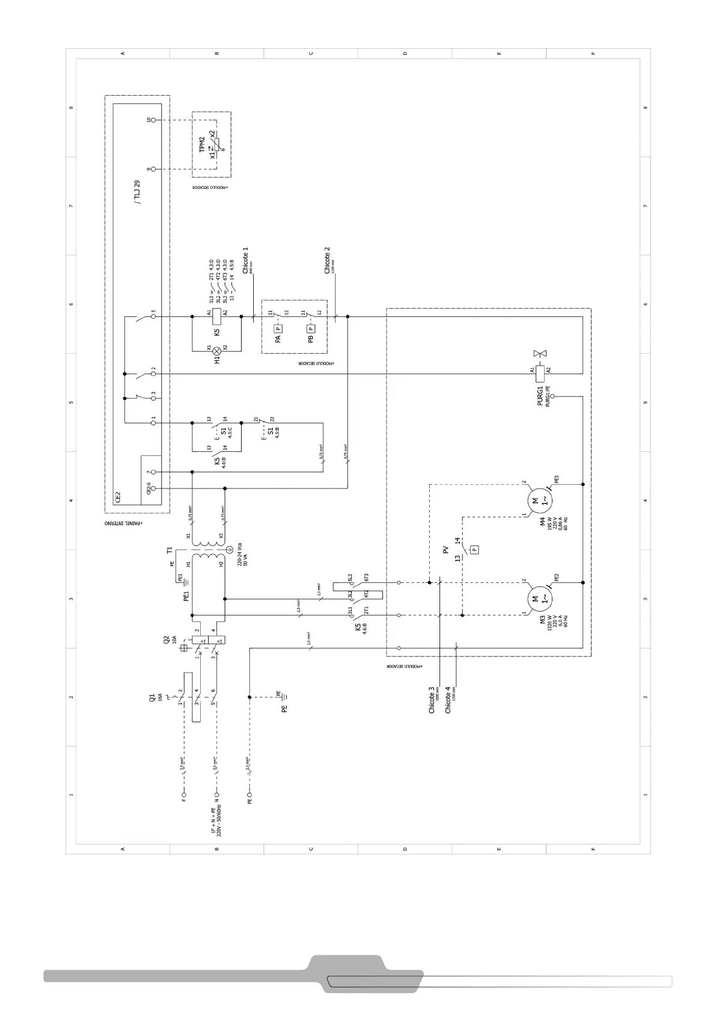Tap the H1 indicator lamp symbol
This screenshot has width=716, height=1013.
tap(217, 350)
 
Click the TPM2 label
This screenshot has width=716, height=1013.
tap(203, 144)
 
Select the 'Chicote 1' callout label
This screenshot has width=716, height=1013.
tap(245, 260)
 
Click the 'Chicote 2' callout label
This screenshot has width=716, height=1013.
tap(328, 260)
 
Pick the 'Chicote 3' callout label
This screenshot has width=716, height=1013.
tap(432, 700)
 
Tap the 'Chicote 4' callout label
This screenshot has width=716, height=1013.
tap(448, 700)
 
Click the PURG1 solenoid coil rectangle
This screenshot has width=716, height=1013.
tap(540, 374)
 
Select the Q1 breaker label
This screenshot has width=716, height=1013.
tap(152, 697)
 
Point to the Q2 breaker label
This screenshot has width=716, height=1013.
tap(167, 641)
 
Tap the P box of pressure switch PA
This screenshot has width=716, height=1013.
tap(278, 328)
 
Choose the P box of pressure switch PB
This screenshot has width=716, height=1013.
tap(311, 328)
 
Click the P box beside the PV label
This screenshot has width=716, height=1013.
tap(474, 549)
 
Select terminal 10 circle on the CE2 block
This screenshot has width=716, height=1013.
tap(153, 120)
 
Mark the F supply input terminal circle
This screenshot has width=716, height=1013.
tap(185, 794)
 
